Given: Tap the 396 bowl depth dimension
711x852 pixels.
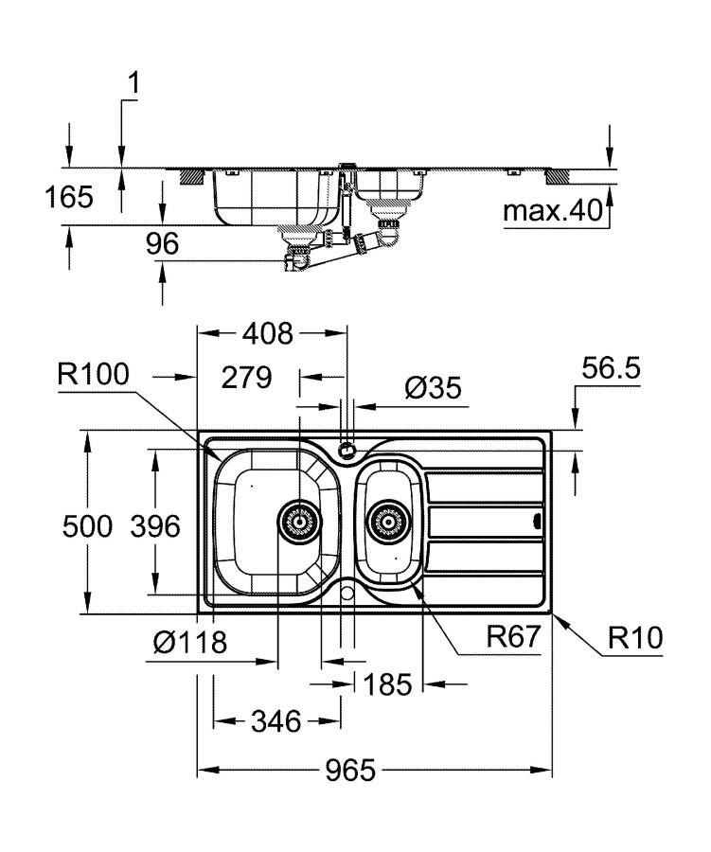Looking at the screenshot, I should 153,525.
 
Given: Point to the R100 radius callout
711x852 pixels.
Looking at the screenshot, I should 93,376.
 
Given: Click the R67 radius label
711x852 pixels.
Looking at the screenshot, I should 512,636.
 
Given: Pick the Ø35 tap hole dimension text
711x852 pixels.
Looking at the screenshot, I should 433,387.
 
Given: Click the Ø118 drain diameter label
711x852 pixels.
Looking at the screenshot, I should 190,644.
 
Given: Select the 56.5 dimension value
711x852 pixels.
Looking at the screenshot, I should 612,369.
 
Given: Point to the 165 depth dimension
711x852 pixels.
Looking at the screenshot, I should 68,197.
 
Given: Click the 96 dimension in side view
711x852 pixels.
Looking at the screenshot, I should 162,243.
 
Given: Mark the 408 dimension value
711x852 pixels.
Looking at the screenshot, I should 270,333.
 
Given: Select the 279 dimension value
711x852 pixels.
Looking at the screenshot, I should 246,378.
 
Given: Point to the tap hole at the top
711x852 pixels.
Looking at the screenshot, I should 347,448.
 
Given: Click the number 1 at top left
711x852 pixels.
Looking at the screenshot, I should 133,83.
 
